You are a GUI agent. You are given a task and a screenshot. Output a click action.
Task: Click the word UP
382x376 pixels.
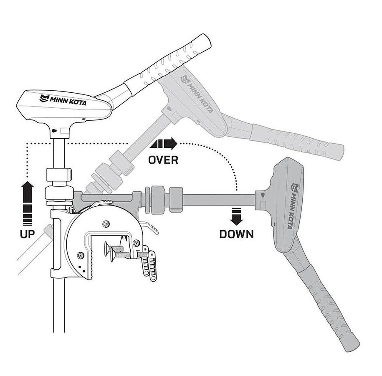click(x=27, y=234)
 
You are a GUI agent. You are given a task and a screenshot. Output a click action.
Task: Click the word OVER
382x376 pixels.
click(x=163, y=160)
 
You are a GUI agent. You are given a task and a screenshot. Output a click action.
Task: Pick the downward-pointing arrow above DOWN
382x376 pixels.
click(x=236, y=216)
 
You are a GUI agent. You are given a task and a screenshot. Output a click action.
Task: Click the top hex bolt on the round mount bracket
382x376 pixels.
click(x=106, y=224)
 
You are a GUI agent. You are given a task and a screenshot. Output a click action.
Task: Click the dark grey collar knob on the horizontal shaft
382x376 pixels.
click(x=176, y=199)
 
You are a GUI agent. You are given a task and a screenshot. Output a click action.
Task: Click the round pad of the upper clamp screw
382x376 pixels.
click(x=106, y=249)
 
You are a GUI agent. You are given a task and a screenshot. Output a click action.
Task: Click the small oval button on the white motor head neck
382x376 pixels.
click(x=54, y=131)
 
